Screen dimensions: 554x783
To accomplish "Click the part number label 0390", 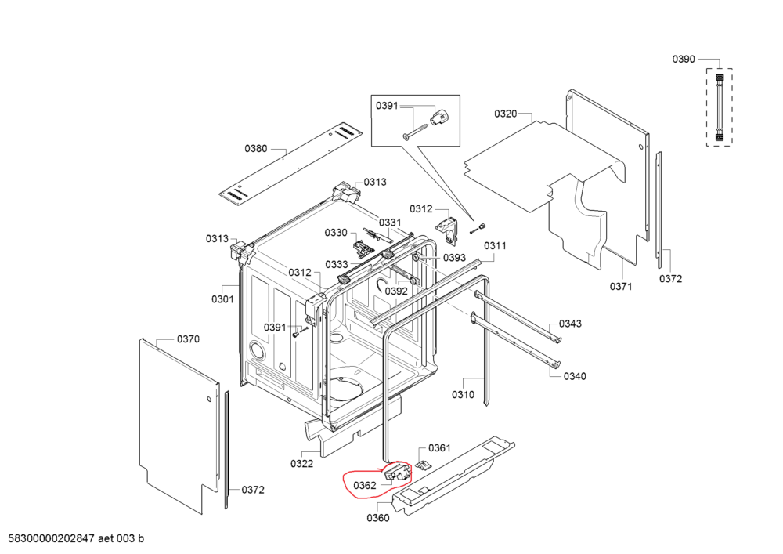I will point(684,59).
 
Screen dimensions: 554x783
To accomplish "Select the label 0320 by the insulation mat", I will point(505,114).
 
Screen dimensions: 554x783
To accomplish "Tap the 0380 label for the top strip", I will point(255,148).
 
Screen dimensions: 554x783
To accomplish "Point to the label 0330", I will point(336,233).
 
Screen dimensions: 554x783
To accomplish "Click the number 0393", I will point(455,257).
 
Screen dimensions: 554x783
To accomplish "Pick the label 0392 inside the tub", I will point(396,291).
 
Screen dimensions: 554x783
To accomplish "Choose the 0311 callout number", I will point(495,245).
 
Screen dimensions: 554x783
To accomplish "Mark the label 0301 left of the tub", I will point(222,299).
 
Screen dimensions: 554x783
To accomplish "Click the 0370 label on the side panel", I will point(188,339).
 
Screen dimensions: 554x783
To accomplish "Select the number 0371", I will point(620,287).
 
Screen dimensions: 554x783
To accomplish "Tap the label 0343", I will point(570,324).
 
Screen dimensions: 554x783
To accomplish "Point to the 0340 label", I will point(574,376).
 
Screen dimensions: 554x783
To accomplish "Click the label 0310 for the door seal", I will point(463,395).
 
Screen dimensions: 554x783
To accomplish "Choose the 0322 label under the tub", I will point(301,464).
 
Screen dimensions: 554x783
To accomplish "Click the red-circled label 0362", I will point(365,485).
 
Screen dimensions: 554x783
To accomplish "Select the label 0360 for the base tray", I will point(377,517).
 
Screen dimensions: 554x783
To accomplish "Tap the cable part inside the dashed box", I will point(717,107).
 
